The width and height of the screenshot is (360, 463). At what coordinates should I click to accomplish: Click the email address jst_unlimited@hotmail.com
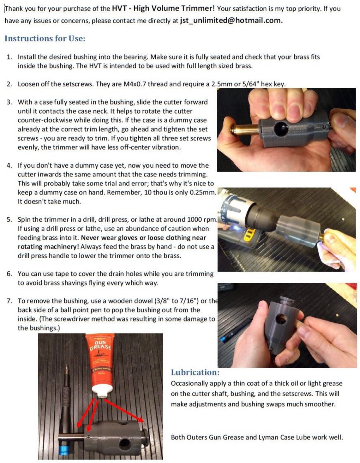pos(231,21)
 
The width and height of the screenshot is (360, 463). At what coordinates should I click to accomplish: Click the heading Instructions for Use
pos(45,39)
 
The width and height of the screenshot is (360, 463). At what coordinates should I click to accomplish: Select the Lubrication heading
pos(195,372)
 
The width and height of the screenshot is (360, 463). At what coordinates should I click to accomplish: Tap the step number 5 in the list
pos(9,220)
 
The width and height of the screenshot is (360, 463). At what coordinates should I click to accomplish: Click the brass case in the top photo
pos(245,130)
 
